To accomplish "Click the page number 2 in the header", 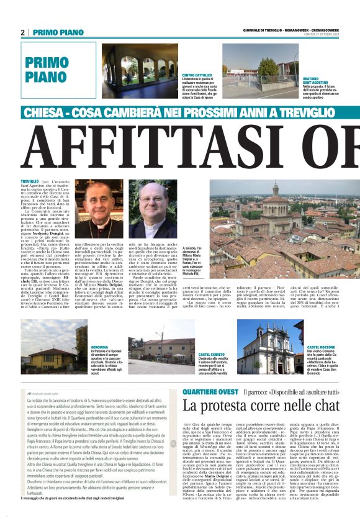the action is click(22, 32).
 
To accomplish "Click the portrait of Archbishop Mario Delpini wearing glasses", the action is click(101, 209).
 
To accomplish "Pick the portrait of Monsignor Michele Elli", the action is click(153, 209).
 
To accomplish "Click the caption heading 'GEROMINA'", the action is click(100, 347).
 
